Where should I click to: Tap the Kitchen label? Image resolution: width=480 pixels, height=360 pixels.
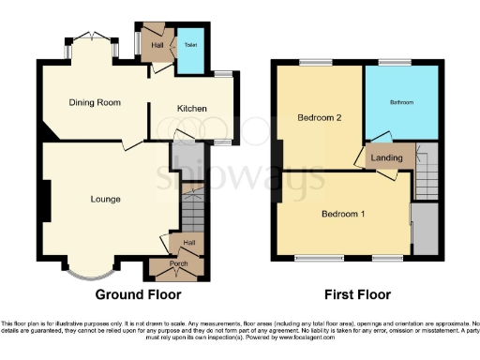point(192,109)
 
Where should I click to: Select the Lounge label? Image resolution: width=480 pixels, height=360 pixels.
point(105,199)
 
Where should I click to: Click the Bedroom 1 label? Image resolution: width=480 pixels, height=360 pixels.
point(343,214)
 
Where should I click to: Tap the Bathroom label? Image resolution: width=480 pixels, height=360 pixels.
point(403,102)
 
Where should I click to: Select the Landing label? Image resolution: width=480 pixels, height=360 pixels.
point(386,157)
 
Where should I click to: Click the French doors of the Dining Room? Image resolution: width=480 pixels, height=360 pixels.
point(91,37)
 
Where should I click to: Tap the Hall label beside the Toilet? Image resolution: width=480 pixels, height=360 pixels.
point(157,44)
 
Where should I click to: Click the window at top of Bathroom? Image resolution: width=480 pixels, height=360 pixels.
point(391,63)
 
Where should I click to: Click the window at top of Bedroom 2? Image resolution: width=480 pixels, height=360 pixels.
point(313,63)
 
